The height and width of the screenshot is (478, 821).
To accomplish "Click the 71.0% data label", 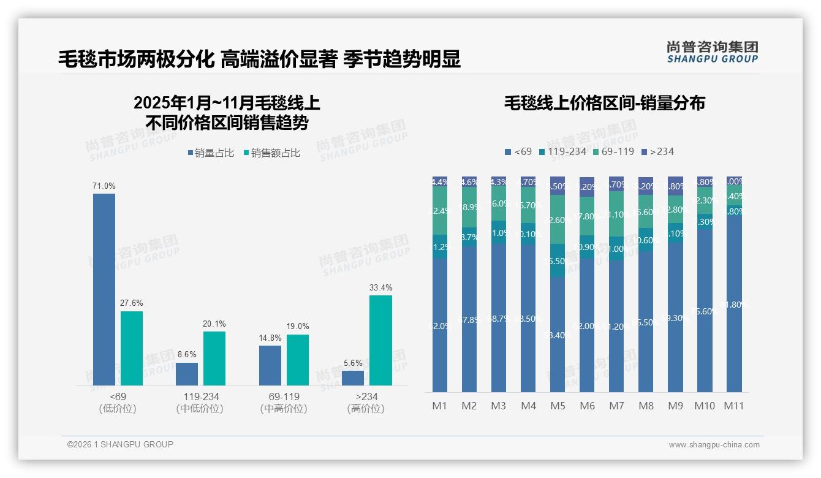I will (104, 186).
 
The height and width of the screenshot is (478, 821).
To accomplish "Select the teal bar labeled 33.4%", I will (380, 340).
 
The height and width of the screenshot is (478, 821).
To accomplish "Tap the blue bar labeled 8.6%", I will (187, 374).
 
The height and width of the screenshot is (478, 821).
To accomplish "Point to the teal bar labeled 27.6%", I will (132, 348).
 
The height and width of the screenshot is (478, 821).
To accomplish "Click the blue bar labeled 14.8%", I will (270, 365).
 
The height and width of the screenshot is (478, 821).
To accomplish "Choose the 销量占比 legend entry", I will (211, 153).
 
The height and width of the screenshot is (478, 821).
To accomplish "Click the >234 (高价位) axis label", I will (366, 403).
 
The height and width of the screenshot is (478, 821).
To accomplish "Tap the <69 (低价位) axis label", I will (117, 403).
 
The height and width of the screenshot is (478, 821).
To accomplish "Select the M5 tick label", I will (558, 406).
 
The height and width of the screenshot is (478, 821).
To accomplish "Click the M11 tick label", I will (733, 406).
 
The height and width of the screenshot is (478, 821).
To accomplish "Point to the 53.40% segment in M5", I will (558, 335).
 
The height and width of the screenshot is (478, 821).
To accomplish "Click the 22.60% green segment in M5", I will (558, 219).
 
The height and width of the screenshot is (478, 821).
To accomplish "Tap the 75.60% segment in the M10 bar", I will (705, 311).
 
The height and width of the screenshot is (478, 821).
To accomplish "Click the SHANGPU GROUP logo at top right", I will (712, 52).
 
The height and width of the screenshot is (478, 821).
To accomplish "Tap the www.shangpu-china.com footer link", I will (714, 445).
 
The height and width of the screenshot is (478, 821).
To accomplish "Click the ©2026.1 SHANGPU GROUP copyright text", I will (120, 444).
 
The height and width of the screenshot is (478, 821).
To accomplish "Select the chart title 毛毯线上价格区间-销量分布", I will (604, 103).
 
